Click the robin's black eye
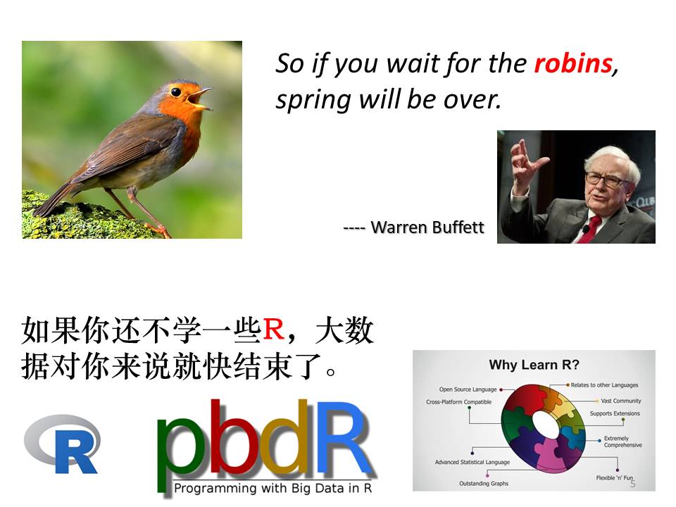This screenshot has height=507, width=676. tap(176, 92)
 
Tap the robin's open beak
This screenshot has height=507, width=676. tap(201, 99)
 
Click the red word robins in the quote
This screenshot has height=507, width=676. tap(573, 64)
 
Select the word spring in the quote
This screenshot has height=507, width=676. tap(313, 101)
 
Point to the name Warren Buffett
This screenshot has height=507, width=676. tap(427, 227)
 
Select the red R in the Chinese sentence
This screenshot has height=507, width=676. tap(273, 330)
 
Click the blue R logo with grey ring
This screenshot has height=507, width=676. tap(63, 444)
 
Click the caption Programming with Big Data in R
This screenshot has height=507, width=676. tap(273, 488)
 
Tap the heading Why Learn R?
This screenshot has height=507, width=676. tap(534, 365)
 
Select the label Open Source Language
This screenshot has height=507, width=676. tap(468, 389)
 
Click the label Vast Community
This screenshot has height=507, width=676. tap(621, 401)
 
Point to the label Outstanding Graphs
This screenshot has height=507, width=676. tap(483, 483)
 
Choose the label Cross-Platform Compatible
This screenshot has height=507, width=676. tap(458, 402)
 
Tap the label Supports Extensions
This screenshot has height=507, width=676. tap(615, 413)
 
